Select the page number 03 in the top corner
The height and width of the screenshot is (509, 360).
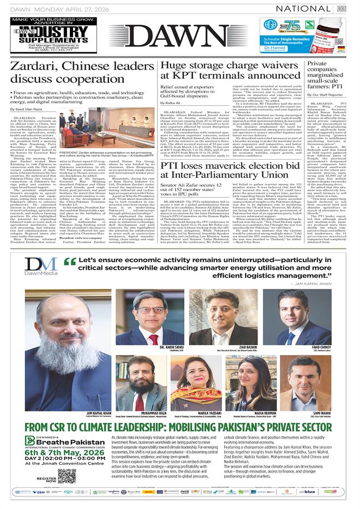[342, 9]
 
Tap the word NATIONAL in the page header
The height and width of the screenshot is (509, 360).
[305, 9]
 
